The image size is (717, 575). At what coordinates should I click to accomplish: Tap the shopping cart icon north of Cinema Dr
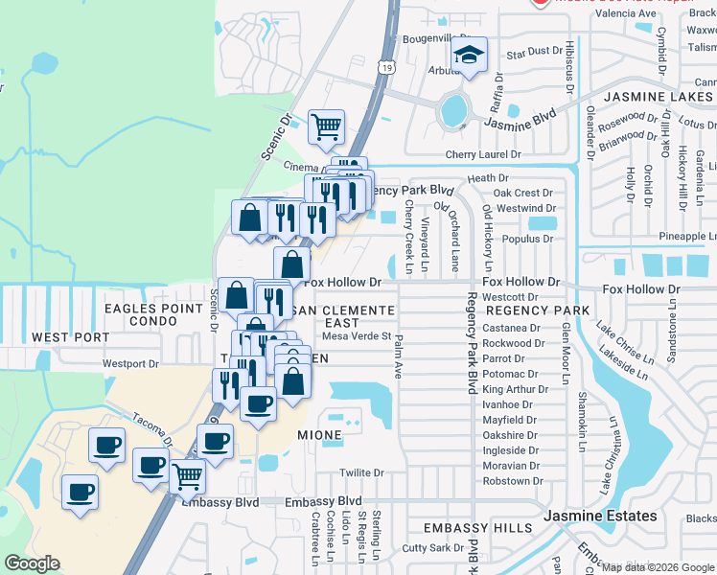[326, 125]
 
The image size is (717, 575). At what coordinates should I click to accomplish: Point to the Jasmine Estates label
[600, 516]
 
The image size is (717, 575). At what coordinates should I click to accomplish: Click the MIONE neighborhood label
[319, 435]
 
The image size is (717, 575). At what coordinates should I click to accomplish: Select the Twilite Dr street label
[361, 473]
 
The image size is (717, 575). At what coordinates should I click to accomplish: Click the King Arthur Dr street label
[515, 389]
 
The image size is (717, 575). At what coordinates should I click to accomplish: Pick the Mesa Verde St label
[358, 335]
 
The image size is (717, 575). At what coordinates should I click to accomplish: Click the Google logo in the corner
[33, 563]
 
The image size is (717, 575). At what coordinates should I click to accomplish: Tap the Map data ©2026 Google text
[658, 567]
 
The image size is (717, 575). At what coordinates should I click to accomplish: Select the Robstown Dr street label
[513, 481]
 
